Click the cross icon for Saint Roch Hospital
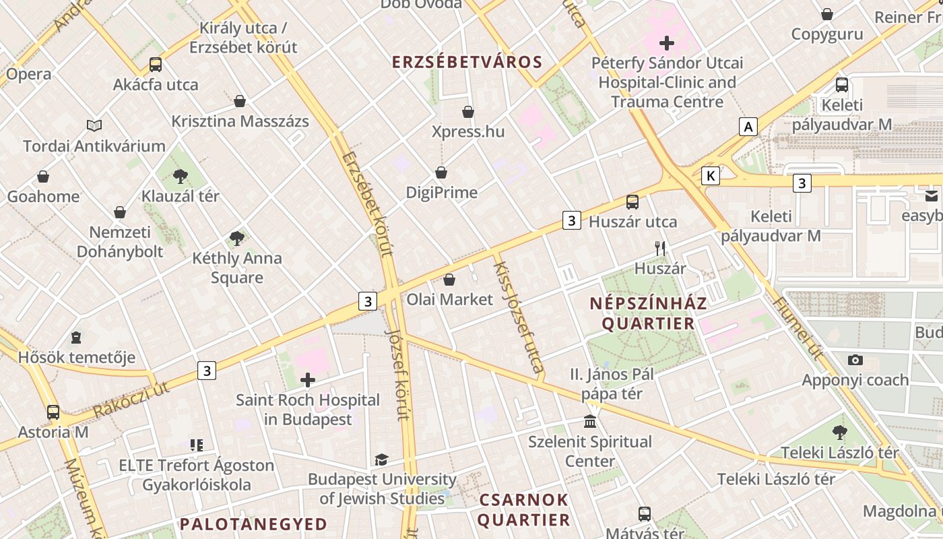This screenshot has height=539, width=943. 308,380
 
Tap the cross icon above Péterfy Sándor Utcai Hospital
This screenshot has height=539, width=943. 667,44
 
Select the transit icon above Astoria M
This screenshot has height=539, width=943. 53,412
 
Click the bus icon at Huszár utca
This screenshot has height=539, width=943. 632,202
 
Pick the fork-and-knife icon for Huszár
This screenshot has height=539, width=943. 660,249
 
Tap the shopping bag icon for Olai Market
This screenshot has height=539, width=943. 449,280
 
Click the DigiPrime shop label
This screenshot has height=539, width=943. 441,193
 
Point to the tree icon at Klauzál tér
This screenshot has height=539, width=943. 180,177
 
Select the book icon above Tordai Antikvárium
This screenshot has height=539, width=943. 94,126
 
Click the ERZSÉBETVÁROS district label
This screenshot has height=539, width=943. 467,63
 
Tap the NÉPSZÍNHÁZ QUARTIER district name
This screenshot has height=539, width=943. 648,313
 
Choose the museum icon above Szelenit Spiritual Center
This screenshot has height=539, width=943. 590,422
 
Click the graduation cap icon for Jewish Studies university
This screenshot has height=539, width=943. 381,459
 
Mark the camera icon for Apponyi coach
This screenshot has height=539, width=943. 855,360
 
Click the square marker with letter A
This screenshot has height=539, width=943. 748,127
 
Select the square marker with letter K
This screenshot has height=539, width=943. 710,176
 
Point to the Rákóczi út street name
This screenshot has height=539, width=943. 131,399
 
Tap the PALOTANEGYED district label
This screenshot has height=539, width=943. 253,524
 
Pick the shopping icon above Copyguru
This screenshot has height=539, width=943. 827,14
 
